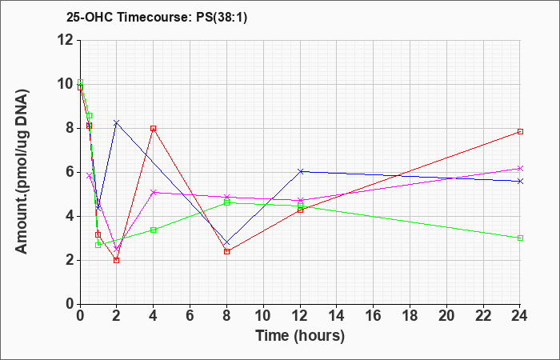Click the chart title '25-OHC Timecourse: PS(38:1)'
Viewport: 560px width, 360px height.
(x=157, y=17)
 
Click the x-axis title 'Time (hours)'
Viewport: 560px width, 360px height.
(x=300, y=336)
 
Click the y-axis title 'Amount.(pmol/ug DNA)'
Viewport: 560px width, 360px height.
(x=22, y=171)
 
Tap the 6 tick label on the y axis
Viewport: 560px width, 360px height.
(x=70, y=173)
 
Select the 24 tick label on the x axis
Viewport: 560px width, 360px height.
(x=520, y=316)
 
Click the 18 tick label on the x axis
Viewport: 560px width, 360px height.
(x=410, y=316)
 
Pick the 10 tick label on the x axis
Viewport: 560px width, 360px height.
(x=263, y=316)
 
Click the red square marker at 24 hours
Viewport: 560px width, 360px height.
(x=520, y=132)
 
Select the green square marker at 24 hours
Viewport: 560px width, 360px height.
(x=520, y=238)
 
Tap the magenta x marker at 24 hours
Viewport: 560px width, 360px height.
(x=520, y=169)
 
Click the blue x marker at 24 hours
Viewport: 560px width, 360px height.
(x=520, y=182)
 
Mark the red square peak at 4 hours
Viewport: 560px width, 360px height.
(x=154, y=128)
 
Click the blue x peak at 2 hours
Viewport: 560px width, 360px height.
(x=117, y=123)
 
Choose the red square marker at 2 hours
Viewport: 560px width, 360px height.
(x=117, y=260)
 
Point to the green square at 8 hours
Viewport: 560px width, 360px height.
(x=226, y=202)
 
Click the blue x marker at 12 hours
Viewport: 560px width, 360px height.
(x=300, y=171)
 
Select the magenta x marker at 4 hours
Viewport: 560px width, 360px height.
(x=154, y=192)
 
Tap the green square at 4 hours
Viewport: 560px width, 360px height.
(x=154, y=230)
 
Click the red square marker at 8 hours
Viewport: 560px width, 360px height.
(x=226, y=251)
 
